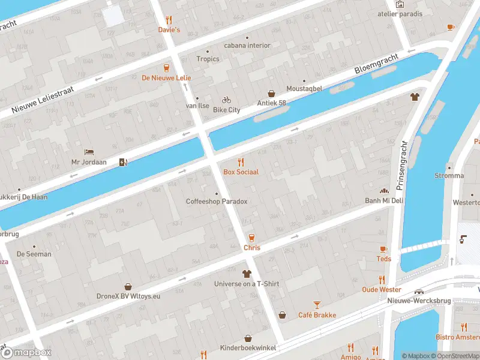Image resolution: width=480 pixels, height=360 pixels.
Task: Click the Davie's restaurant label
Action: pos(169,29)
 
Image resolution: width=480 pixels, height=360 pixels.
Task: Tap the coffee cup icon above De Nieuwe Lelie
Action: pos(166,67)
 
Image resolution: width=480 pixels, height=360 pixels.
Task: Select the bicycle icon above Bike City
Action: pos(226,100)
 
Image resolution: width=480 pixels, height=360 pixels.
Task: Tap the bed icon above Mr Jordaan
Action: pos(89,152)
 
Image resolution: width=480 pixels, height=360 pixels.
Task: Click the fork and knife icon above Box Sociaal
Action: pos(241,162)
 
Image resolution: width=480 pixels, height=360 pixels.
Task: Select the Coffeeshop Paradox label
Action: pos(217,202)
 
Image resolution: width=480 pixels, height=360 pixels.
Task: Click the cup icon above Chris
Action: pos(251,238)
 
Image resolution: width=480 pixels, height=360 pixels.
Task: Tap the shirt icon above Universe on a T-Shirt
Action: pos(247,274)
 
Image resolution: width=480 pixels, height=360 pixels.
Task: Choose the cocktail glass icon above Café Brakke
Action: pos(317,305)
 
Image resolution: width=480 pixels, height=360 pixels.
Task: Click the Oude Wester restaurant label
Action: pos(382,289)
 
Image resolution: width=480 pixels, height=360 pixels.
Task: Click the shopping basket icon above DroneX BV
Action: pos(128,286)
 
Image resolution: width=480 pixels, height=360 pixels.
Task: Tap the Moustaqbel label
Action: pos(304,88)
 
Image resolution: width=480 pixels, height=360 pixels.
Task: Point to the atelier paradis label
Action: pos(400,13)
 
